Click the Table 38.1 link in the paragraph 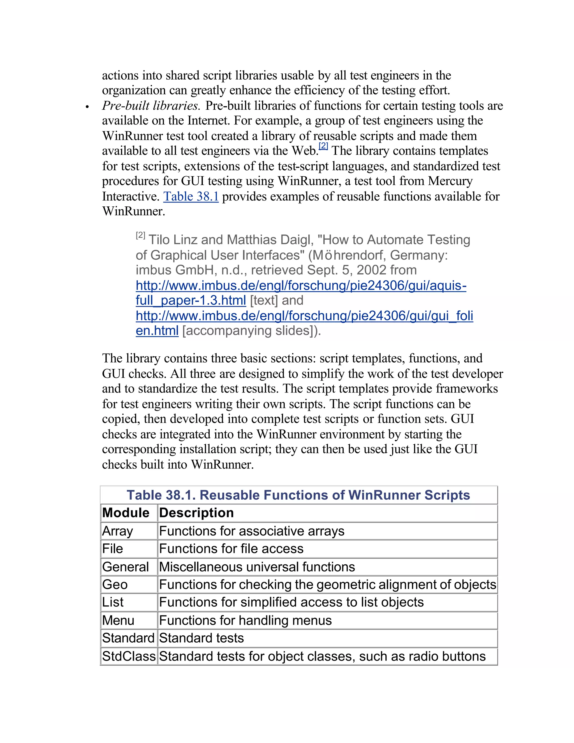click(191, 197)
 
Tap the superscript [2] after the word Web click(323, 146)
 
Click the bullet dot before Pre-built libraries click(87, 107)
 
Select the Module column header click(126, 513)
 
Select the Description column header click(196, 513)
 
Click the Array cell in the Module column click(118, 531)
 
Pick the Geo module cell click(115, 585)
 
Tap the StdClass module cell click(129, 656)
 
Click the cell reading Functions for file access click(231, 549)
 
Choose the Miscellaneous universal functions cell click(257, 567)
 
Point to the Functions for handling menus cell click(245, 620)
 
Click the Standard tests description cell click(201, 638)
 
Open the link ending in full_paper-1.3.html click(190, 300)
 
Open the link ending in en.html click(157, 331)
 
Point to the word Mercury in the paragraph click(450, 181)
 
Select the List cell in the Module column click(113, 602)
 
